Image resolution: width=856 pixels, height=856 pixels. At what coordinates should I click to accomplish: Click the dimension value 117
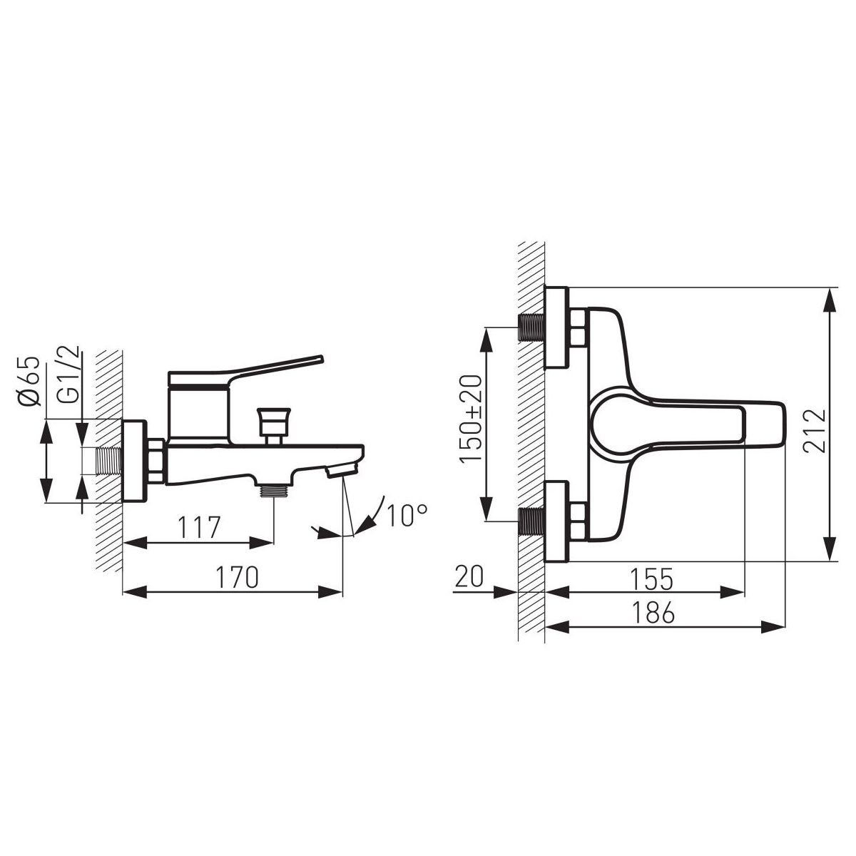point(198,529)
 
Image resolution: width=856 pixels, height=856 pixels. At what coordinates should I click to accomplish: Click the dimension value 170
point(237,578)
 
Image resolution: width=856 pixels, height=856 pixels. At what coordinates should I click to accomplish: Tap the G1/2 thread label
point(68,386)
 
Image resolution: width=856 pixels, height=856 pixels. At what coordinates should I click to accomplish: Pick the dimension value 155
point(651,579)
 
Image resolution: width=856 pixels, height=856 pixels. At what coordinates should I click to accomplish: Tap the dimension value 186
point(652,613)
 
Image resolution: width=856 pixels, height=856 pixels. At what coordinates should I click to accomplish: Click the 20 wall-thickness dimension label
point(469,576)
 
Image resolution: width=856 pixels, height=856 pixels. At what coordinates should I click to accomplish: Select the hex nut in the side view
point(156,463)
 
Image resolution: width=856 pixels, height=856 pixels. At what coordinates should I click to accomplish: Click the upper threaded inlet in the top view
point(531,327)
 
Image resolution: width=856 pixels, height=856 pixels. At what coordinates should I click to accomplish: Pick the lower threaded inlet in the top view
point(531,521)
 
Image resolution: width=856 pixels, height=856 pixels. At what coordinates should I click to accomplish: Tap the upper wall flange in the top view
point(556,327)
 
